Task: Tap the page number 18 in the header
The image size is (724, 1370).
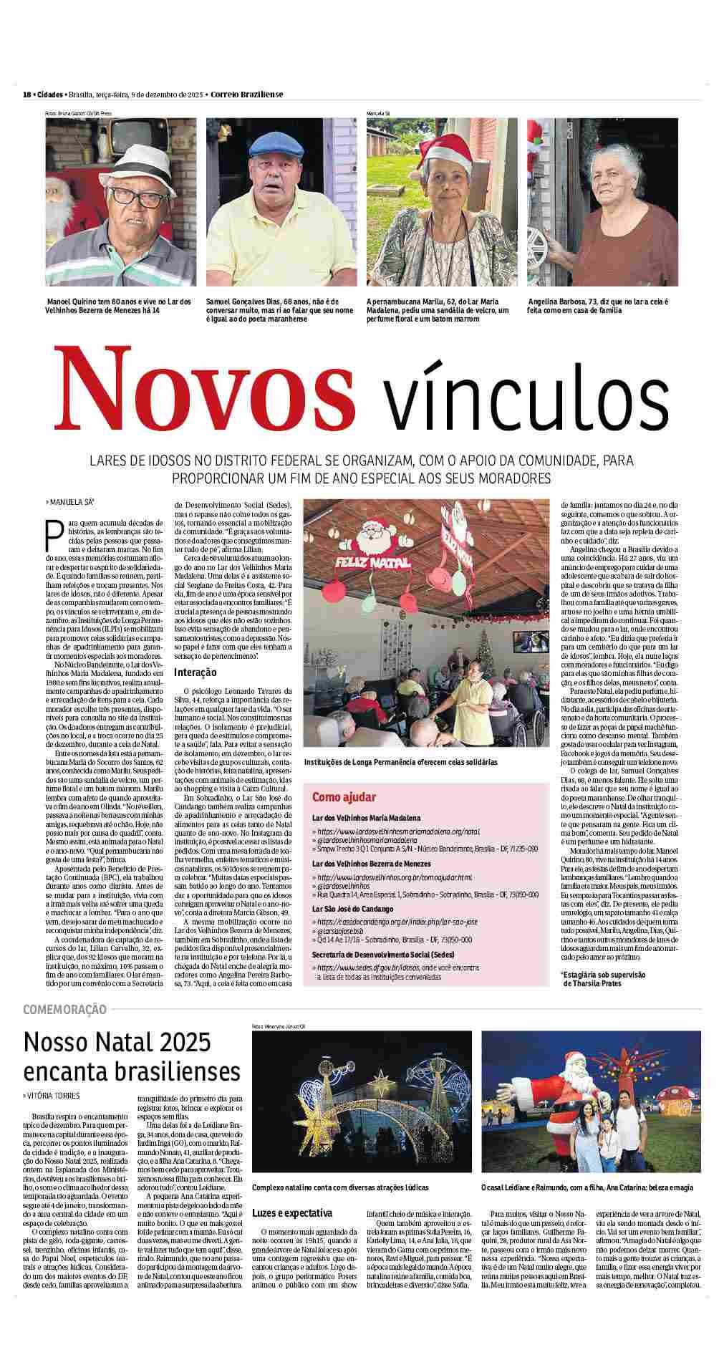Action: click(x=26, y=95)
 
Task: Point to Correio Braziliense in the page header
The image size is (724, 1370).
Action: click(x=247, y=95)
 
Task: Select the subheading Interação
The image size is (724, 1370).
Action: click(x=196, y=672)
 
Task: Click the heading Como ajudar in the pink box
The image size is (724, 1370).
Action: click(x=344, y=797)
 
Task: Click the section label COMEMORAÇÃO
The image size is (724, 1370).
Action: click(x=64, y=1010)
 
